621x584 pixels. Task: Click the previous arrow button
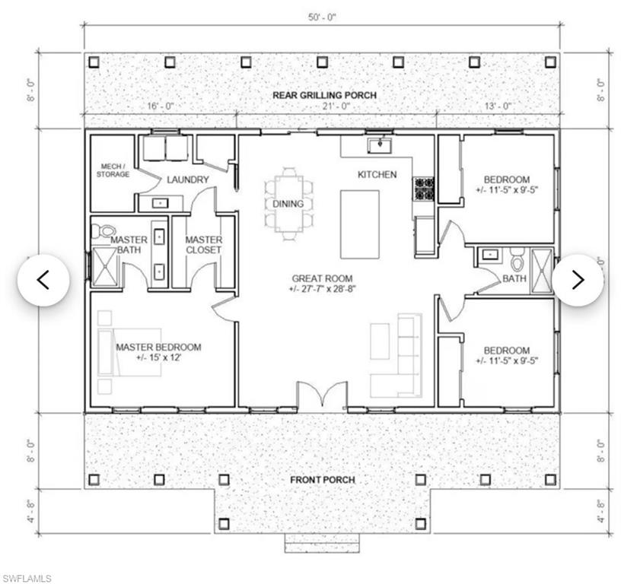43,280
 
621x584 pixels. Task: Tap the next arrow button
578,280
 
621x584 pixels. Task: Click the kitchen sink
380,145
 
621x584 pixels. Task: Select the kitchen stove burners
424,189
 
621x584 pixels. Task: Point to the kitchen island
360,224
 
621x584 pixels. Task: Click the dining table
288,204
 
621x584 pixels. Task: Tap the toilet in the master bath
102,231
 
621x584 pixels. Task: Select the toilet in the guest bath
517,259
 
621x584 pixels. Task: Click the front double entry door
323,394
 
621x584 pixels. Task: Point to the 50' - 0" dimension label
322,17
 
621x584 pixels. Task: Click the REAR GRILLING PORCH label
324,95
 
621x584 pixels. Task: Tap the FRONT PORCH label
323,480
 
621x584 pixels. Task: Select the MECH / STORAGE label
113,170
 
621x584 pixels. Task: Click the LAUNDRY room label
188,179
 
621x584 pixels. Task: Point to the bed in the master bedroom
129,352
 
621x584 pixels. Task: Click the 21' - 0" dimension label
335,106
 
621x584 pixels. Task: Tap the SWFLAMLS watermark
26,578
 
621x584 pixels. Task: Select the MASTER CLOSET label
204,245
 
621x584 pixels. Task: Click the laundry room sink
161,203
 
